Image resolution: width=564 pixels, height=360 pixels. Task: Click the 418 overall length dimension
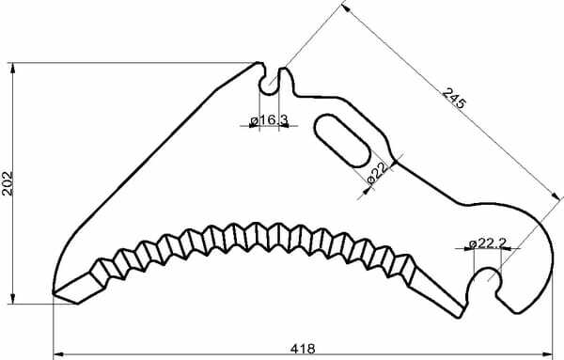click(x=303, y=349)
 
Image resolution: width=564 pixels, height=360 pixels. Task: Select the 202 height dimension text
click(x=8, y=183)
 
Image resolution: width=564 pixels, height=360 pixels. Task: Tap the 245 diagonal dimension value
click(x=454, y=98)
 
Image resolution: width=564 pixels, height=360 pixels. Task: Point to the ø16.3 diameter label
click(x=270, y=119)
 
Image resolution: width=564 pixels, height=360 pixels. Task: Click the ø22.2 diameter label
click(x=489, y=243)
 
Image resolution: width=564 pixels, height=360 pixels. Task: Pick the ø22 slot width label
click(x=377, y=173)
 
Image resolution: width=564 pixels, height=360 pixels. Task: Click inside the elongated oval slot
click(x=342, y=141)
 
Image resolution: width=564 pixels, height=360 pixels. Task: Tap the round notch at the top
click(x=269, y=86)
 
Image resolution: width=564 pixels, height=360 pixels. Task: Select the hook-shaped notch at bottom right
click(x=486, y=279)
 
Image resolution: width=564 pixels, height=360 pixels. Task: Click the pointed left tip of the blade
click(x=54, y=293)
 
